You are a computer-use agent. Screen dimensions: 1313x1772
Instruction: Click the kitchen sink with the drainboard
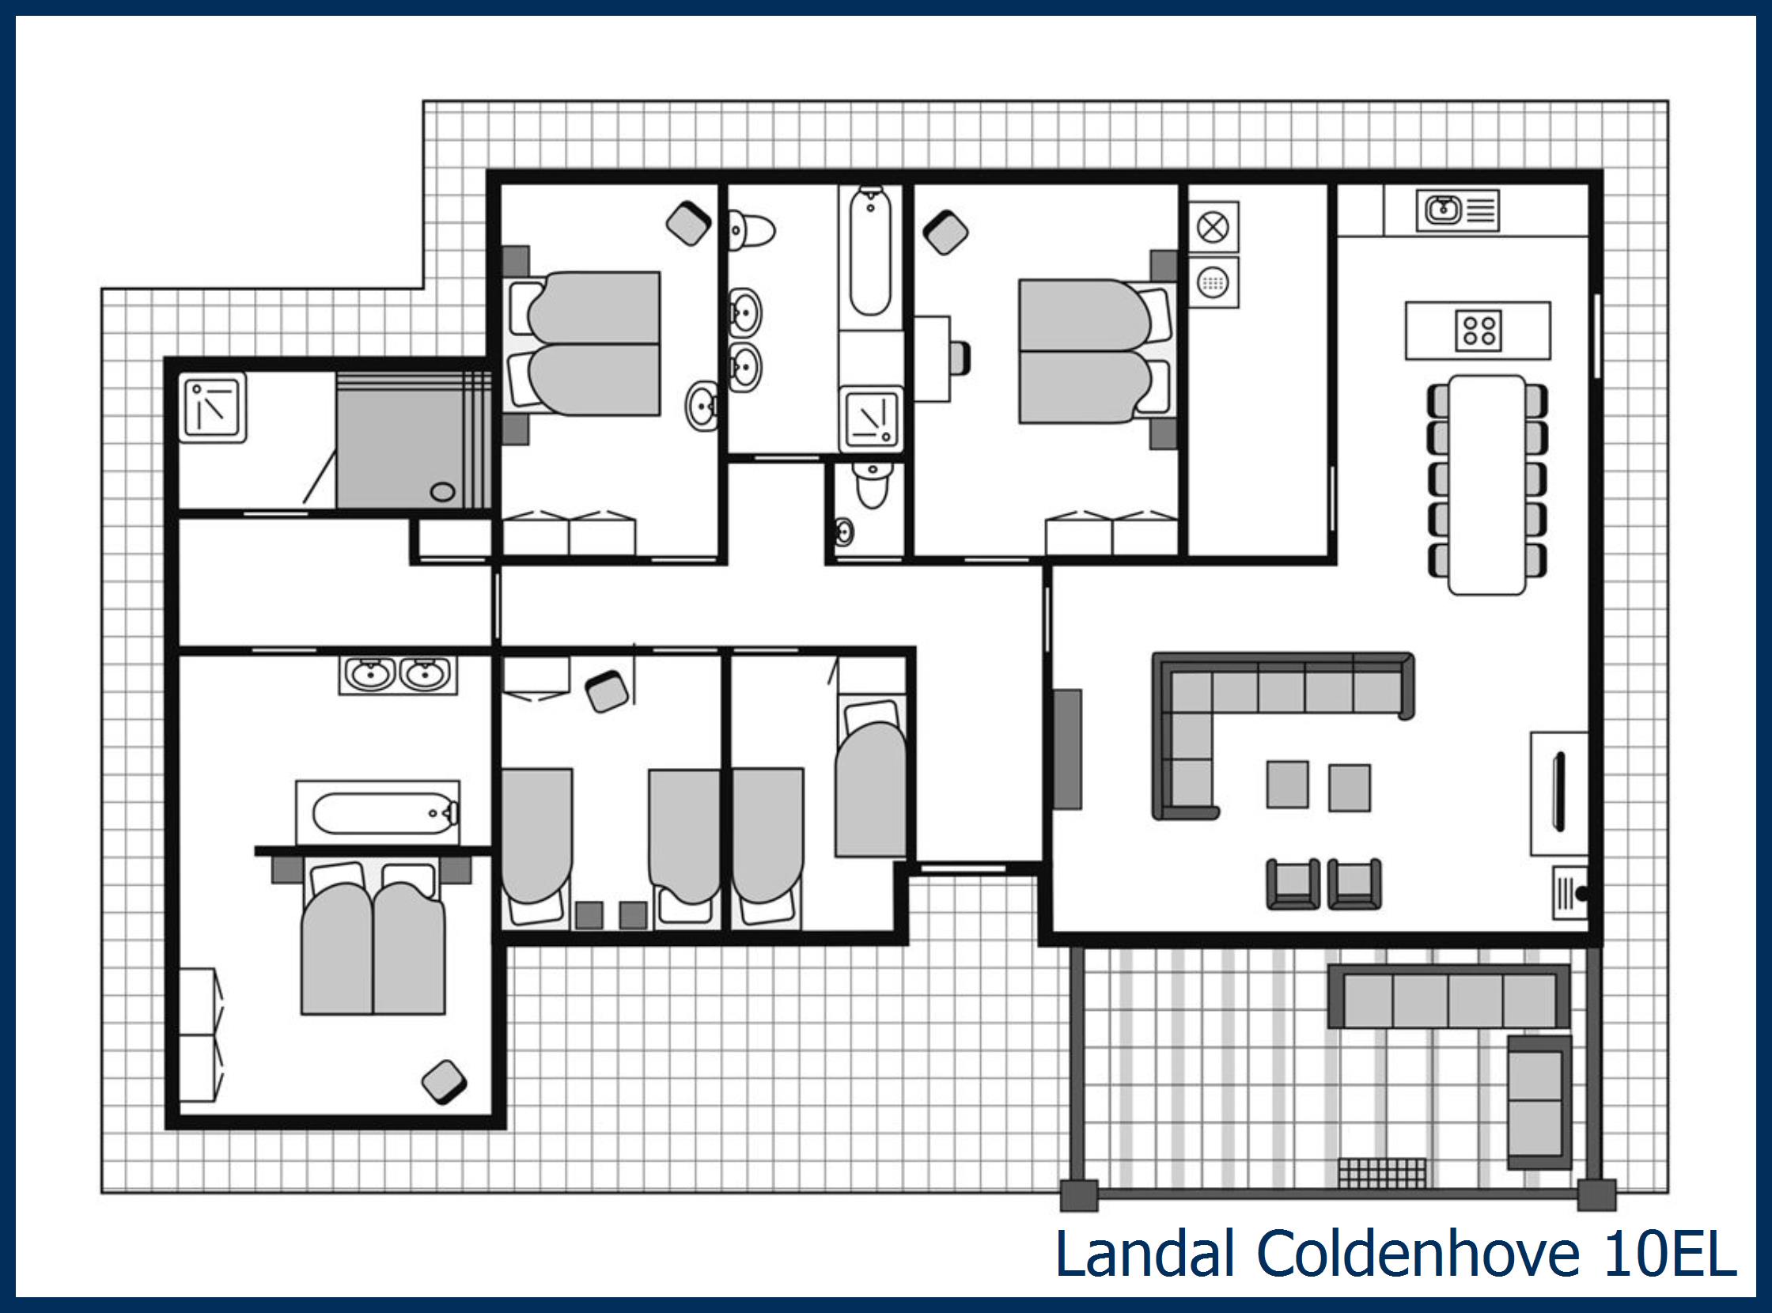pos(1456,210)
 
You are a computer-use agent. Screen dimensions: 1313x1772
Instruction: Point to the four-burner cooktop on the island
pos(1478,331)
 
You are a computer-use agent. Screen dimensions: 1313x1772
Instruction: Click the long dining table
pos(1486,485)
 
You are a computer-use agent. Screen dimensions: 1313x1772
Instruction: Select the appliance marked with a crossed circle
pos(1213,228)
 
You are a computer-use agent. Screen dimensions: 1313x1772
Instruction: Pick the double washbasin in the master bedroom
pos(397,675)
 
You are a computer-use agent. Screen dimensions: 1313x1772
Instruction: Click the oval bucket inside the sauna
pos(443,492)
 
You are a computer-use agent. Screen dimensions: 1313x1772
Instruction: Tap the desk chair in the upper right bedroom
pos(960,358)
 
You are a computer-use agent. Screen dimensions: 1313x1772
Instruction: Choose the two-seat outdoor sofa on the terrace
pos(1539,1101)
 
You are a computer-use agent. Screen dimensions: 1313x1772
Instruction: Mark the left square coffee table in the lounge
pos(1287,785)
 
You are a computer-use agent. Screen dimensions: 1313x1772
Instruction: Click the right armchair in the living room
pos(1354,883)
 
